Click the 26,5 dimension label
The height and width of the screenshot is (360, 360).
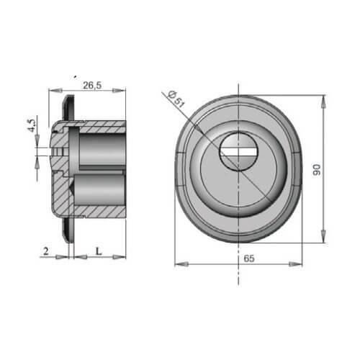click(x=92, y=85)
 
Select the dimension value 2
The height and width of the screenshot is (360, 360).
click(x=46, y=251)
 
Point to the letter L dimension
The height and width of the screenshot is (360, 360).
click(x=99, y=251)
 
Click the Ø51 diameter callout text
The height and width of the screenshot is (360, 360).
click(x=176, y=99)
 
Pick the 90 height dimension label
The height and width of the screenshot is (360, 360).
click(x=317, y=170)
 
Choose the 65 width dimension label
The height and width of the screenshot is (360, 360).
click(x=249, y=258)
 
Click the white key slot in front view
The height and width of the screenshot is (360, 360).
click(x=239, y=152)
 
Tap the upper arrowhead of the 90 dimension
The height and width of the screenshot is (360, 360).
click(x=323, y=102)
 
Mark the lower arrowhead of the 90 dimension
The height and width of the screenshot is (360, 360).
click(x=323, y=236)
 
